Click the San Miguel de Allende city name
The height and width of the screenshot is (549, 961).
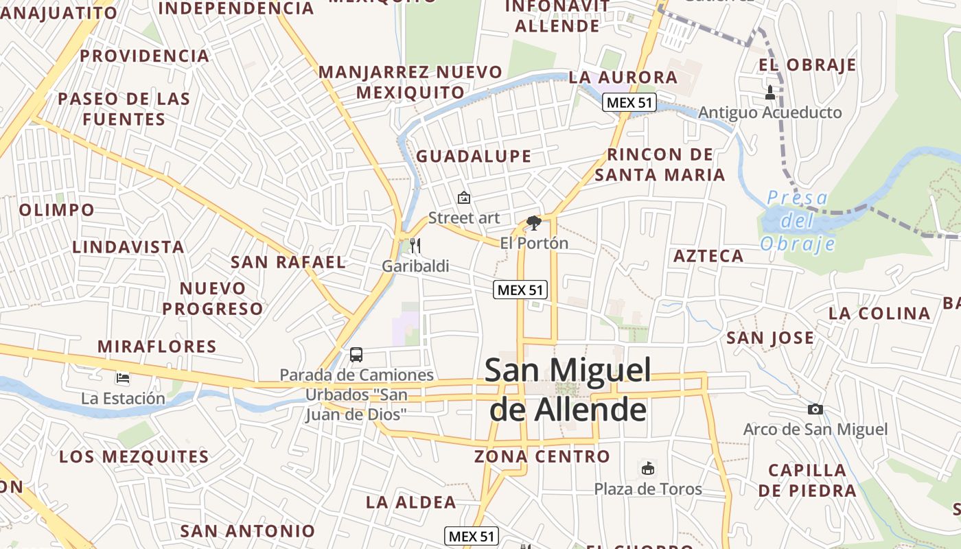click(567, 390)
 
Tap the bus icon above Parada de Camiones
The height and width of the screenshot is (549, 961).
click(356, 355)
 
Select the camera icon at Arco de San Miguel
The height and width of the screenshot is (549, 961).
click(815, 409)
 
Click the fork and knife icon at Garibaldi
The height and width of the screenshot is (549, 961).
click(415, 245)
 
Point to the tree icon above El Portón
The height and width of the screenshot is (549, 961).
click(533, 222)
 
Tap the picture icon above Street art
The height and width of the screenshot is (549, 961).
click(464, 198)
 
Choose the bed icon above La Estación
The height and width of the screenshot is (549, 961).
click(123, 377)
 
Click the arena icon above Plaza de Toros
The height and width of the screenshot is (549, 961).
click(647, 468)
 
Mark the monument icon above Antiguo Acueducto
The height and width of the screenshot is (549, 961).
click(769, 92)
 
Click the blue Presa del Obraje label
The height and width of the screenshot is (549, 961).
click(798, 221)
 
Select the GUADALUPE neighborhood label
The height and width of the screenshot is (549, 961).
click(474, 156)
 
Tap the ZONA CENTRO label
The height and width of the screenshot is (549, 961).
click(542, 456)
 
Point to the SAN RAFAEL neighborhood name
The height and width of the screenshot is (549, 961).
click(288, 261)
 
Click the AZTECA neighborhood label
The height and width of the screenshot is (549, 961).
click(708, 256)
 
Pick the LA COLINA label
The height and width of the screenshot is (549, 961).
click(879, 314)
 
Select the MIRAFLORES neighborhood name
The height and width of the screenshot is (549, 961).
click(157, 347)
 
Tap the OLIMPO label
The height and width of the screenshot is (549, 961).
click(57, 210)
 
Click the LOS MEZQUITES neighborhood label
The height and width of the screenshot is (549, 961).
click(134, 456)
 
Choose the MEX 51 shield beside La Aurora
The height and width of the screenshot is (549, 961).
click(629, 103)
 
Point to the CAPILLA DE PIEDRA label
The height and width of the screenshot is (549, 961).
click(807, 480)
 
